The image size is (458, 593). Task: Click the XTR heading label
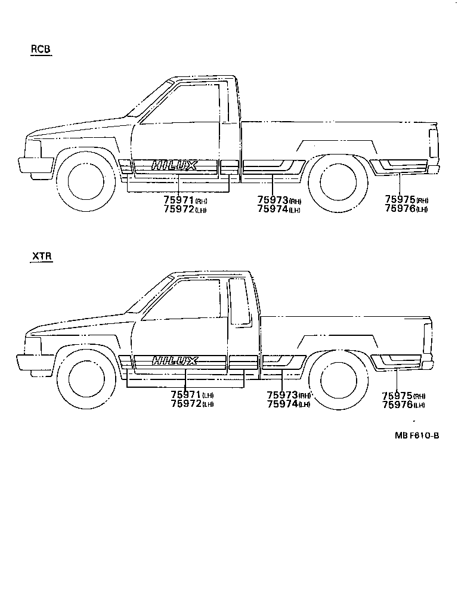[42, 257]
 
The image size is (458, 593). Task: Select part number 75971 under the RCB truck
[179, 200]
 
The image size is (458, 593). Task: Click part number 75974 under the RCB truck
[273, 209]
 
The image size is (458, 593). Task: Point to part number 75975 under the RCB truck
[400, 200]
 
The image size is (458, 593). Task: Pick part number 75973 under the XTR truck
[281, 395]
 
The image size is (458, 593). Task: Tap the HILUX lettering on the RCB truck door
[174, 165]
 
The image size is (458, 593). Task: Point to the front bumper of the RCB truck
[36, 165]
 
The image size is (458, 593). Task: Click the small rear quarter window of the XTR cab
[240, 301]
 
